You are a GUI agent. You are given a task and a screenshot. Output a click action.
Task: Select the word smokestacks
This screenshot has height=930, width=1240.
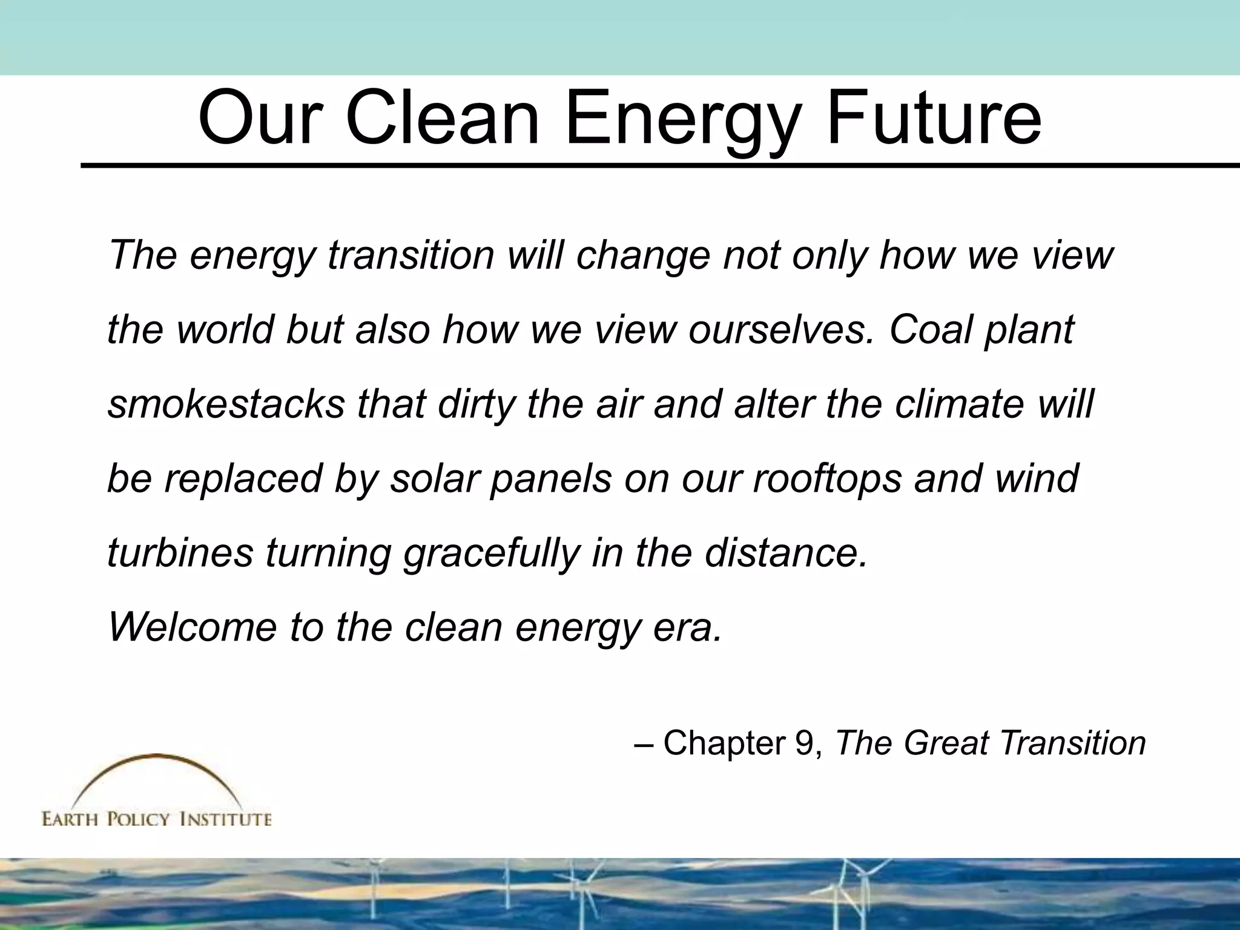(225, 404)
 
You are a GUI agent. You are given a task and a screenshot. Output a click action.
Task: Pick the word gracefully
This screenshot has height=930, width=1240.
(490, 553)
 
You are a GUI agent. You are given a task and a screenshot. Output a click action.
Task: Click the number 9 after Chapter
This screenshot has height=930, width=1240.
(806, 743)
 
